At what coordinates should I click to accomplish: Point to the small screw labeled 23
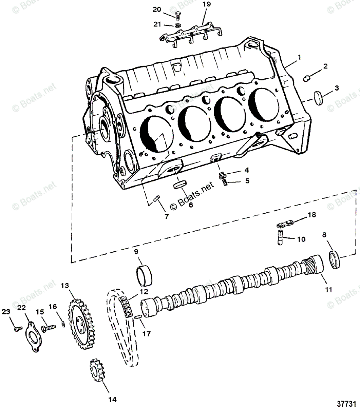pyautogui.click(x=17, y=328)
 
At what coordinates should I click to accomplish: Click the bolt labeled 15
pyautogui.click(x=48, y=328)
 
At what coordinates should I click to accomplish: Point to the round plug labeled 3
pyautogui.click(x=318, y=97)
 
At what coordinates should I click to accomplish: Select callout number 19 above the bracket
pyautogui.click(x=206, y=4)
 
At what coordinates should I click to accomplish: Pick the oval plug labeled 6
pyautogui.click(x=180, y=185)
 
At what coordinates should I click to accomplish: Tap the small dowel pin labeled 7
pyautogui.click(x=156, y=199)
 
